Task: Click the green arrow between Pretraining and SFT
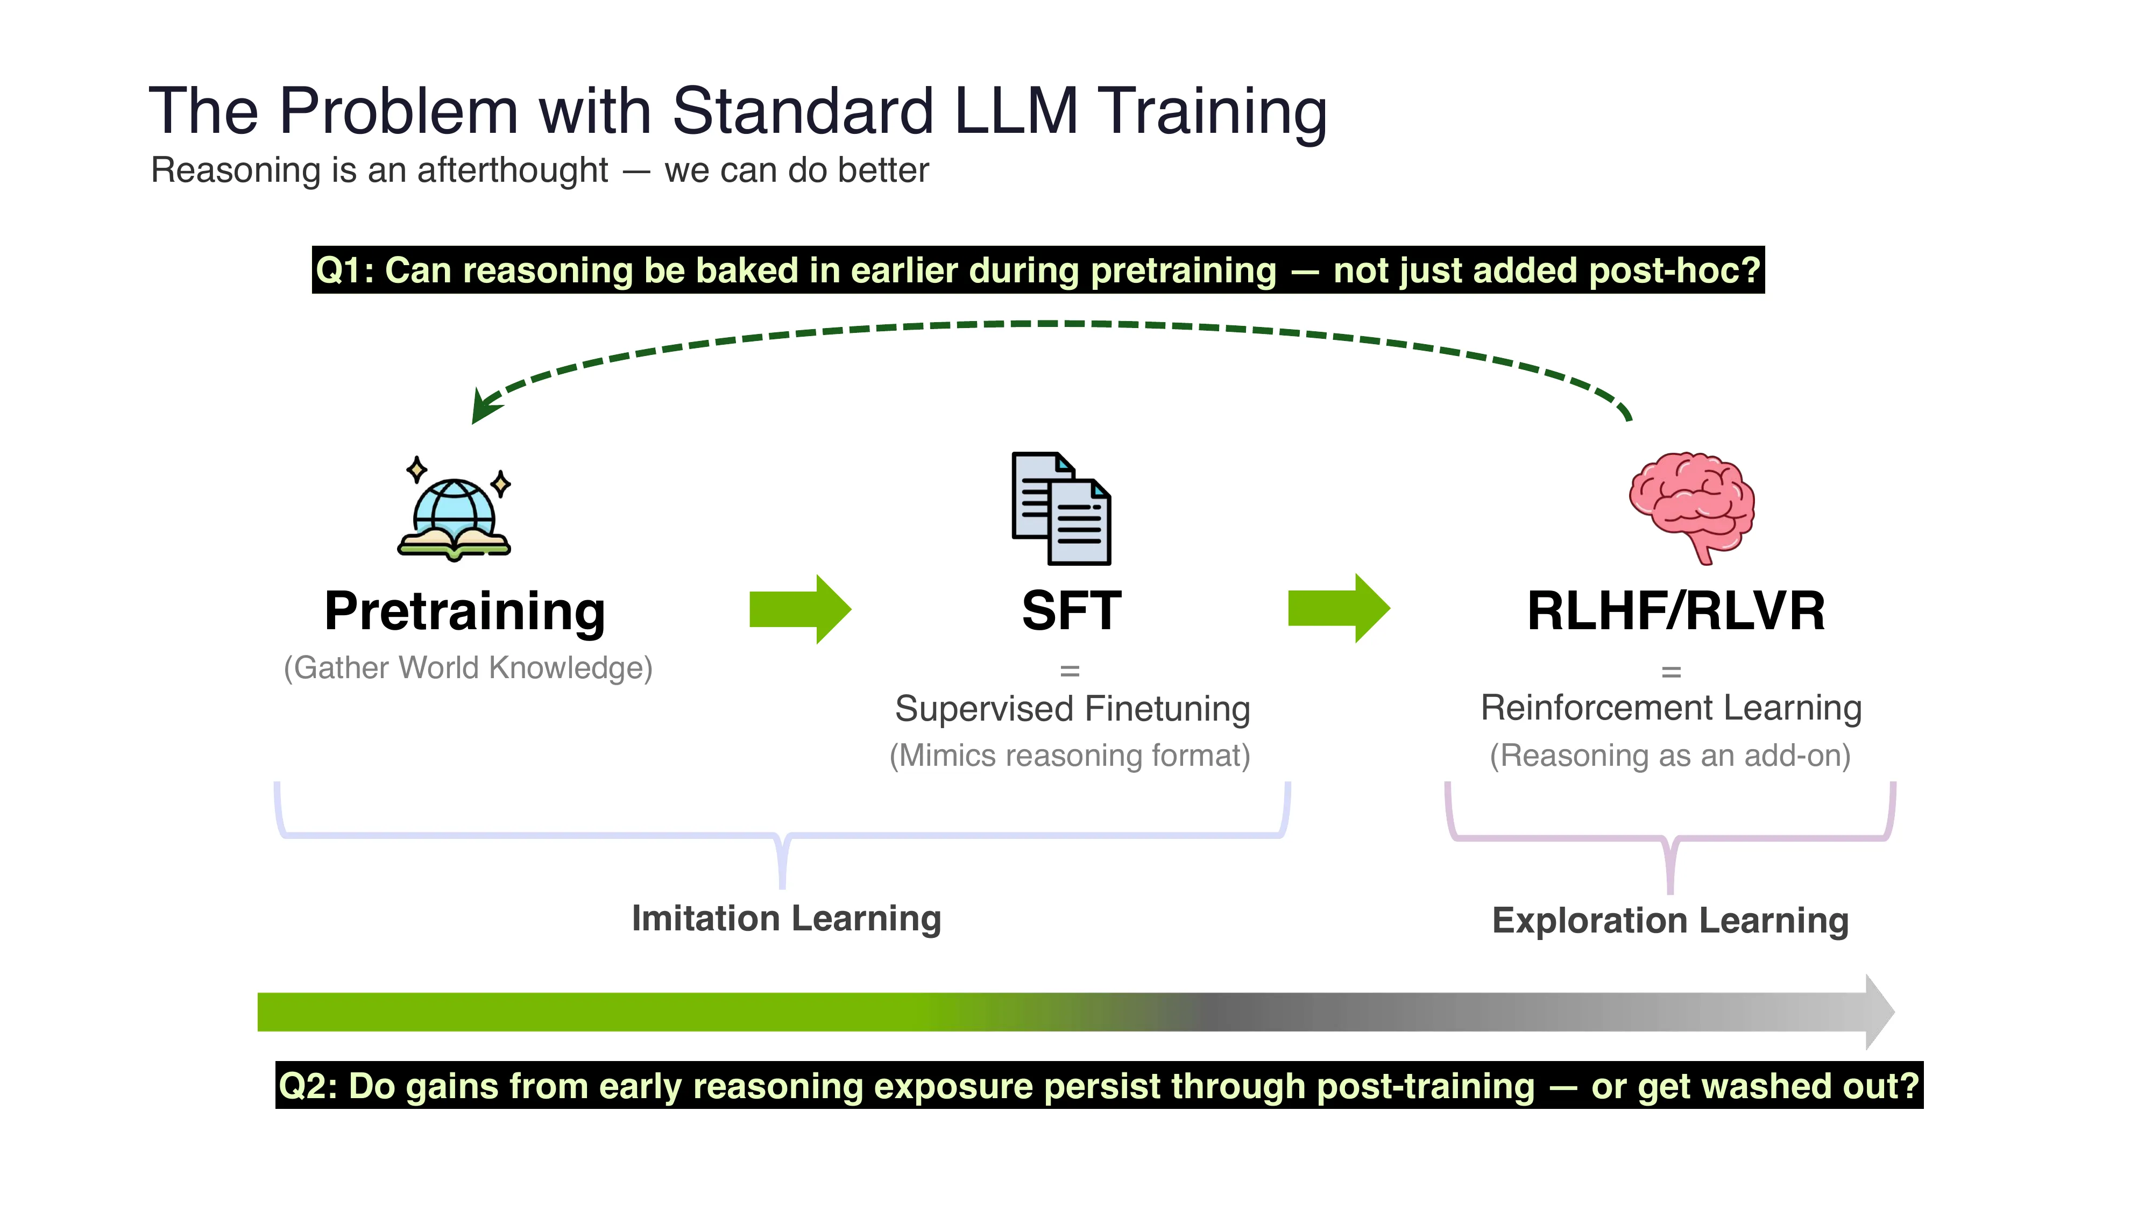pyautogui.click(x=799, y=609)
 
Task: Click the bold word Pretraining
pyautogui.click(x=464, y=612)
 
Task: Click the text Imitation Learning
pyautogui.click(x=786, y=919)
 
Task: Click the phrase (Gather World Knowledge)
pyautogui.click(x=468, y=668)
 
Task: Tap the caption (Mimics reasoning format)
pyautogui.click(x=1070, y=756)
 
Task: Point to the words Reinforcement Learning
pyautogui.click(x=1671, y=708)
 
